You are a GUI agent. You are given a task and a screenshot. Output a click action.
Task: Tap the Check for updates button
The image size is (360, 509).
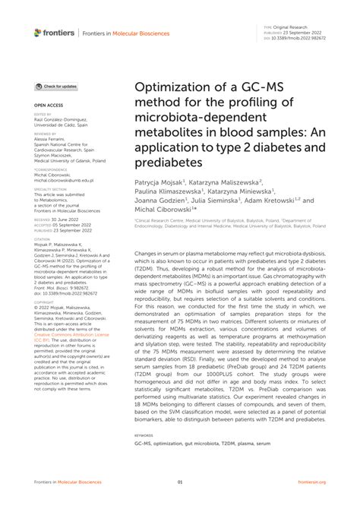(57, 87)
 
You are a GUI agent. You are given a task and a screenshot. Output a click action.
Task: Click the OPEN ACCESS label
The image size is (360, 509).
(47, 104)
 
